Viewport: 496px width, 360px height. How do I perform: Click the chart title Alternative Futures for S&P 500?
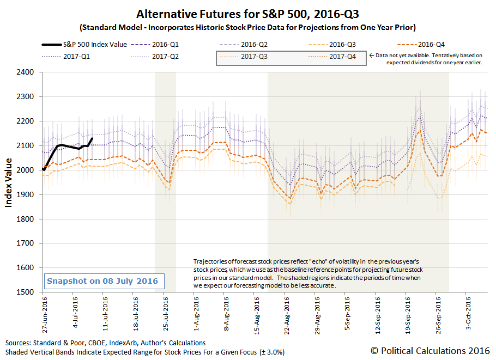pos(248,14)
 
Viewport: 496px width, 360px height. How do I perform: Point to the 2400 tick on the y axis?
pos(28,72)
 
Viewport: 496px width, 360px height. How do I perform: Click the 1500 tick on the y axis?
pos(28,292)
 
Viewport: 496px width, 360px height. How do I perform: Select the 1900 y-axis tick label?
pos(28,194)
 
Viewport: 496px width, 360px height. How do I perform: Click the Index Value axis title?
pos(9,182)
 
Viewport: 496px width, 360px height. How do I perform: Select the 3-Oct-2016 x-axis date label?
pos(468,313)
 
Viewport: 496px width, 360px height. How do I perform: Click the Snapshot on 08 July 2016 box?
pos(102,281)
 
